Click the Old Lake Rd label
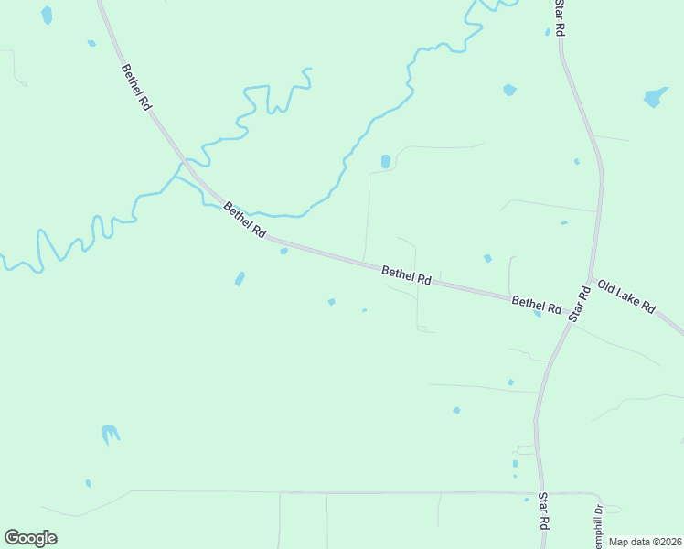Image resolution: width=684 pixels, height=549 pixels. coord(626,296)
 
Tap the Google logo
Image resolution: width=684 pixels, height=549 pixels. coord(30,537)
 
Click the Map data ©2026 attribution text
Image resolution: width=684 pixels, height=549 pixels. coord(646,542)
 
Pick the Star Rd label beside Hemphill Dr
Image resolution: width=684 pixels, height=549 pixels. coord(543,511)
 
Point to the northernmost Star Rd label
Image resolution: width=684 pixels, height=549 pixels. coord(560,18)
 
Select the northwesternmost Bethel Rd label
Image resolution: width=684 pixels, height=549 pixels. coord(135,87)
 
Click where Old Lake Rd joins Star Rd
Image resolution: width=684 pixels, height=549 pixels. coord(593,277)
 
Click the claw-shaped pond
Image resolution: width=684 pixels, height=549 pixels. coord(111,433)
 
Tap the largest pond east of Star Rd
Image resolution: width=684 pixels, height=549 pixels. coord(656,96)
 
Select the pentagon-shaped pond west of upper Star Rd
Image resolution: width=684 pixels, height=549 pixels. coord(509,90)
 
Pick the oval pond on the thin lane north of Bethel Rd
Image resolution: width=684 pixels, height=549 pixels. coord(385,161)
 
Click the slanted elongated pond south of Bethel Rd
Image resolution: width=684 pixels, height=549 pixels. coord(240,278)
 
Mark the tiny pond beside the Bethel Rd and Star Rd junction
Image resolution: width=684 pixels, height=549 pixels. coord(538,314)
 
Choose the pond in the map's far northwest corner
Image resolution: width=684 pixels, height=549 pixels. coord(47,16)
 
